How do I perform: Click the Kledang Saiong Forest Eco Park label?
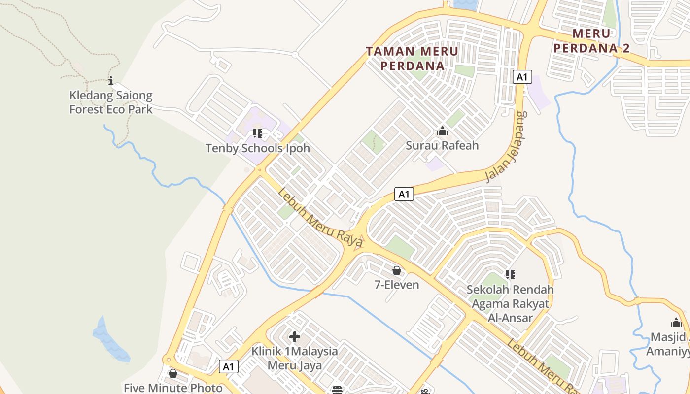click(x=111, y=102)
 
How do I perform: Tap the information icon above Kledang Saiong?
click(x=111, y=81)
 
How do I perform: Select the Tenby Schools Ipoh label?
click(x=257, y=148)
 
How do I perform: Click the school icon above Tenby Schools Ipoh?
click(x=257, y=133)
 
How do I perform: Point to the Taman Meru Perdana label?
click(x=413, y=58)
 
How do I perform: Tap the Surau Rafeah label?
click(x=442, y=146)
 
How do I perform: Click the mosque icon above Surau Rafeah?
click(x=443, y=131)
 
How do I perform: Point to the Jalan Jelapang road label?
click(x=506, y=147)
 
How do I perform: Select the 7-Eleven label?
click(x=397, y=285)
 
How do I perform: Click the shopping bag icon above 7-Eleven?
click(x=397, y=270)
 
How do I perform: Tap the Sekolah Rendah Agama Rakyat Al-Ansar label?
click(x=510, y=303)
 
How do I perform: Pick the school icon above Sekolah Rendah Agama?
click(x=510, y=274)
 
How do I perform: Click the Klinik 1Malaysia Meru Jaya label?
click(x=295, y=358)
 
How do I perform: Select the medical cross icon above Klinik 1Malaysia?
click(x=295, y=337)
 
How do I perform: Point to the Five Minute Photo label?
click(x=173, y=388)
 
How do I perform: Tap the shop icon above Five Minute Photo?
click(x=173, y=373)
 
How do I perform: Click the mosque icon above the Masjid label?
click(x=676, y=323)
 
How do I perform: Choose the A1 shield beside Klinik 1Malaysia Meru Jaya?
click(x=229, y=366)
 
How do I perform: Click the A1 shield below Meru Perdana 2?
click(x=522, y=77)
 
